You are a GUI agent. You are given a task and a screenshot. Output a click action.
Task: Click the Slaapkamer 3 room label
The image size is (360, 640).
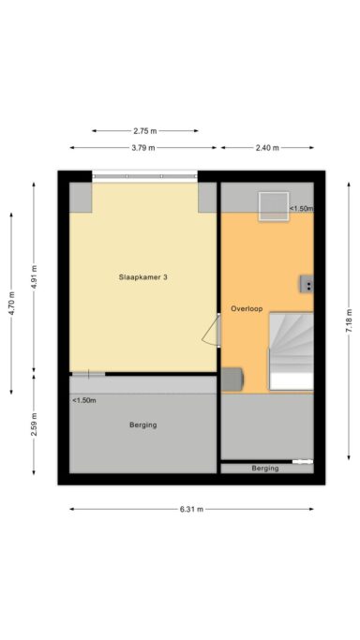[x=143, y=277]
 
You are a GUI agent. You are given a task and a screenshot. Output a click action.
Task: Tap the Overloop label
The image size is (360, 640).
[x=245, y=307]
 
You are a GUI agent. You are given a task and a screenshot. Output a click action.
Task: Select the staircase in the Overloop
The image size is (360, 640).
[x=291, y=351]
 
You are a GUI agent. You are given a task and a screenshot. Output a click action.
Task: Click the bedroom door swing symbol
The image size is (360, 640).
[x=213, y=330]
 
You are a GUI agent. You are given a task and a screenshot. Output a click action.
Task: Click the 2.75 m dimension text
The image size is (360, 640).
[x=145, y=131]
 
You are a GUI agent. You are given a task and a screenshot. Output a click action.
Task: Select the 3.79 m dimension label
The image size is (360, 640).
[x=143, y=148]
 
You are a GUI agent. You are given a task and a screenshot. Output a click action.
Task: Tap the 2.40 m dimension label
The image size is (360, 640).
[x=265, y=148]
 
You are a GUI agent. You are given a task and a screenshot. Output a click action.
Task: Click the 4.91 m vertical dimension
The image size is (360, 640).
[x=34, y=278]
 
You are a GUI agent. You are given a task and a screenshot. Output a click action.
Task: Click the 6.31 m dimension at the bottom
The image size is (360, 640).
[x=191, y=510]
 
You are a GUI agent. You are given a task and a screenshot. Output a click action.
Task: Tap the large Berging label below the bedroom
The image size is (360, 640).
[x=142, y=425]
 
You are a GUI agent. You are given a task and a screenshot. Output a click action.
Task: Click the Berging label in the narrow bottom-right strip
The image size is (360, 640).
[x=264, y=468]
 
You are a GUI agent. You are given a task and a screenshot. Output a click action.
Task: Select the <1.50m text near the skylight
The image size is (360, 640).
[x=300, y=209]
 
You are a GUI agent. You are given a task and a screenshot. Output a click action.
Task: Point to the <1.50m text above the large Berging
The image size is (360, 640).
[x=84, y=400]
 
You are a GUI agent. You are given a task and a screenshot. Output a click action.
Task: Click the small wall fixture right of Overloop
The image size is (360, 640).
[x=306, y=284]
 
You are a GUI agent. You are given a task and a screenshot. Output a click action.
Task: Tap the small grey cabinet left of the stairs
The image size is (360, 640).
[x=232, y=379]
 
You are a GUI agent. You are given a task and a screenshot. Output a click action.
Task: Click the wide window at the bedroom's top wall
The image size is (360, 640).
[x=145, y=175]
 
